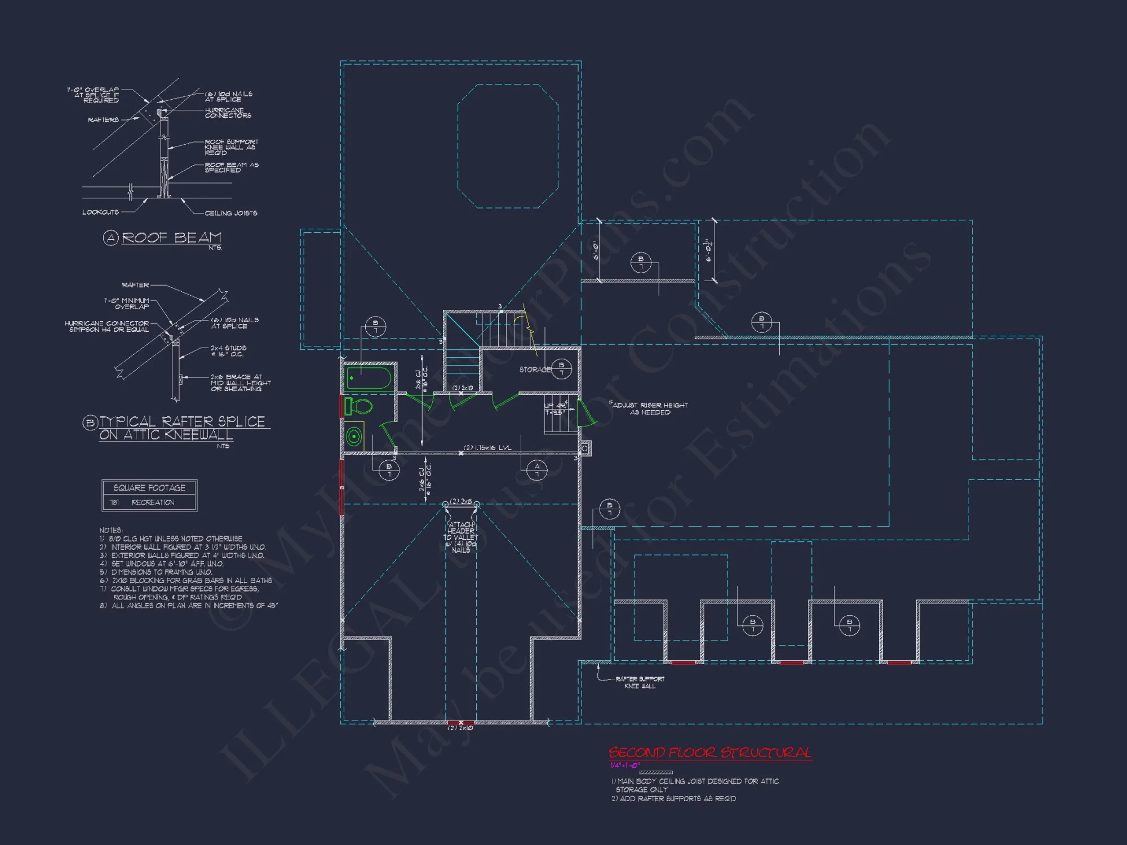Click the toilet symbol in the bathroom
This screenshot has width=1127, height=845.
(x=359, y=406)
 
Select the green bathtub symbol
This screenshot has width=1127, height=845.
(x=369, y=379)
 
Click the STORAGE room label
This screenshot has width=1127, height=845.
(x=535, y=370)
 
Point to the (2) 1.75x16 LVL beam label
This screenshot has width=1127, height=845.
(x=487, y=448)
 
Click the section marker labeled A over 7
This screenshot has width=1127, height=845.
(x=536, y=470)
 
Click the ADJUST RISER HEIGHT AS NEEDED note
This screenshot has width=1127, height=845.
(x=650, y=408)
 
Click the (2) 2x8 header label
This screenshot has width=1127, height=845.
(x=461, y=501)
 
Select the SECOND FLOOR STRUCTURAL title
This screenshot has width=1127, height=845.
(x=709, y=753)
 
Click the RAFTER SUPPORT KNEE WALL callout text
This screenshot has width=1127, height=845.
(x=640, y=682)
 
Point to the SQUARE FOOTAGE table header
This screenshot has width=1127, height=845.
(x=149, y=488)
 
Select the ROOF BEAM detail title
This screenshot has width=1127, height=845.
(x=171, y=238)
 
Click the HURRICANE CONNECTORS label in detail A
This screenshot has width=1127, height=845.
(x=228, y=113)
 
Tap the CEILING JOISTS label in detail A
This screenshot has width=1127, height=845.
(x=231, y=213)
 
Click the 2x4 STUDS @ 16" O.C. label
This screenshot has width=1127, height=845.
(x=228, y=351)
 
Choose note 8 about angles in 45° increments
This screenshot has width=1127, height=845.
(x=189, y=606)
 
